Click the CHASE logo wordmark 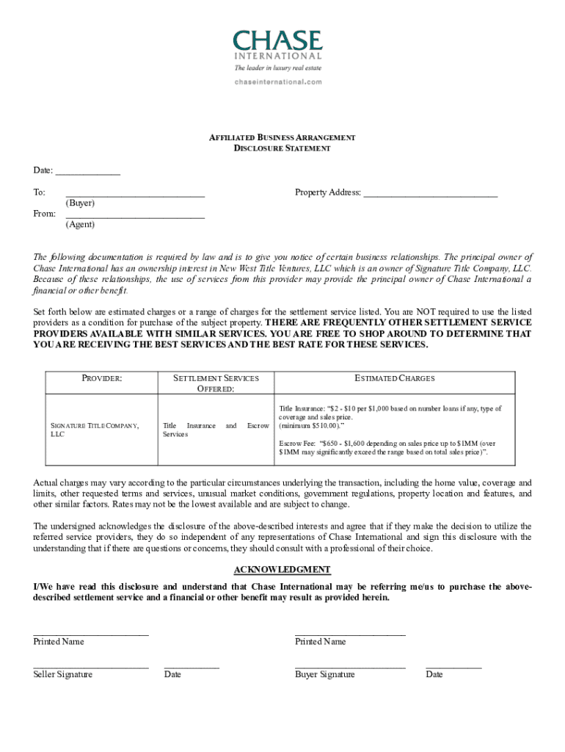(277, 40)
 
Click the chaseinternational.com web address (278, 82)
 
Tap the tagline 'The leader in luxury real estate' (277, 68)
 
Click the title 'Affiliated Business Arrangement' (282, 137)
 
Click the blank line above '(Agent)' (134, 217)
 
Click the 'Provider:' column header (101, 378)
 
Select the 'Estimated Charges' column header (394, 378)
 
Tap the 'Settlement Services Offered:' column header (216, 383)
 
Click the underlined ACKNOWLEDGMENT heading (282, 570)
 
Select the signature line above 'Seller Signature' (90, 668)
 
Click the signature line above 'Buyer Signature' (349, 668)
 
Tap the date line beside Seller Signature (191, 668)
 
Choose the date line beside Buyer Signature (453, 668)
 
